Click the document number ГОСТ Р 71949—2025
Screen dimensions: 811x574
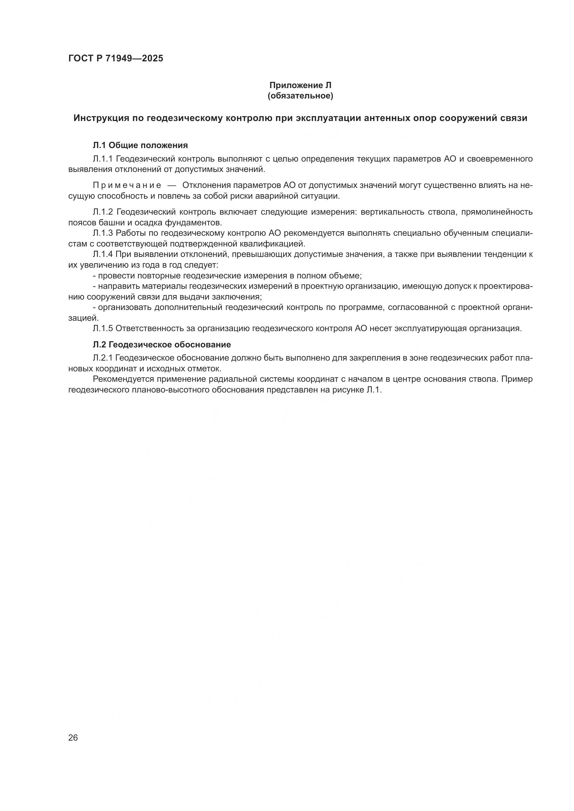click(x=116, y=59)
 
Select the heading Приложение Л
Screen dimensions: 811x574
click(x=301, y=86)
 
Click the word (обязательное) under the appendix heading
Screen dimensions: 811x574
click(x=301, y=96)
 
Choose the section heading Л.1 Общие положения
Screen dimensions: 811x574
click(x=140, y=145)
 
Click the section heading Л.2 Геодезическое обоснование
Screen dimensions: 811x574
click(x=162, y=344)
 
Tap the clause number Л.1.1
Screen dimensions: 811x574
click(x=103, y=159)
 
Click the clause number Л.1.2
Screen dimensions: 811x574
click(x=103, y=212)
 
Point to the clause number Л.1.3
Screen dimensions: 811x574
click(x=103, y=233)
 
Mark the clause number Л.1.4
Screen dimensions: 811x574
click(x=103, y=254)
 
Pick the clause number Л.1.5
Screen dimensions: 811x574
click(x=103, y=328)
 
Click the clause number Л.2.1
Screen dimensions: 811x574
click(x=102, y=358)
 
